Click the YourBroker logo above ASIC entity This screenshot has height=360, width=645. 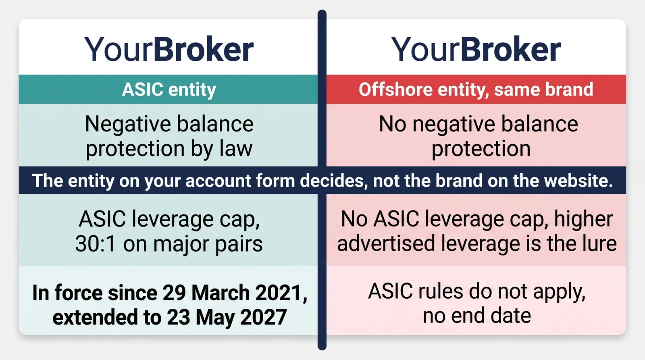pos(169,49)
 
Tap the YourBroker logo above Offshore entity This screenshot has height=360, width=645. pos(476,49)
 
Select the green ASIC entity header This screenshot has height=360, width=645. pos(168,89)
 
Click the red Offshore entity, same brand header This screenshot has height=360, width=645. pos(476,89)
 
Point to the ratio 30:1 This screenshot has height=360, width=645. pos(95,244)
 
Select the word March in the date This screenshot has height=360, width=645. pos(221,293)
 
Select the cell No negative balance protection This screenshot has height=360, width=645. pos(476,135)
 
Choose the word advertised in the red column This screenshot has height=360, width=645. pos(386,243)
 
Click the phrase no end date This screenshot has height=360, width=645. pos(477,316)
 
